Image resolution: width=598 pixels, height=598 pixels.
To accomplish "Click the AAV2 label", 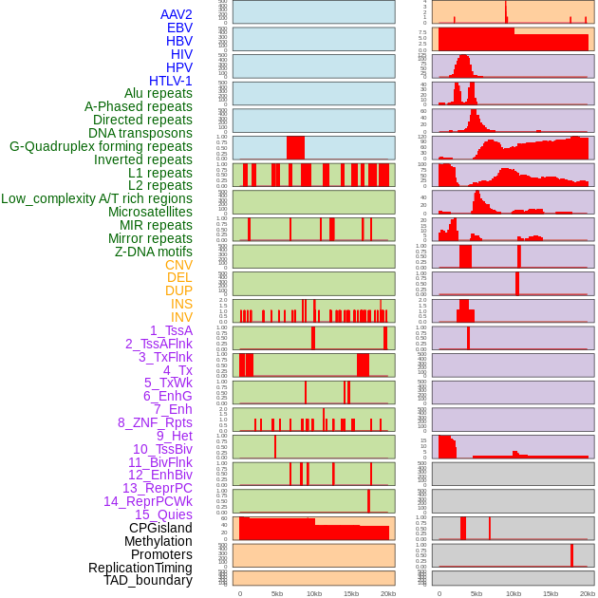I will [177, 14].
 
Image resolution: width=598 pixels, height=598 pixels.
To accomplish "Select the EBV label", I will [179, 28].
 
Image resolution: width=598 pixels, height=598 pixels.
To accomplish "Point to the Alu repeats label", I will [159, 93].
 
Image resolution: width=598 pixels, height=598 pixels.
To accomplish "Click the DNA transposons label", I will [140, 133].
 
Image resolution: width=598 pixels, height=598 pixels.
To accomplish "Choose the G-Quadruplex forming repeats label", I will [101, 146].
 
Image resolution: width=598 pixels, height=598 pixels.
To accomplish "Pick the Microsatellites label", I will [150, 212].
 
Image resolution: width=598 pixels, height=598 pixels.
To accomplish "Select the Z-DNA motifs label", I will [154, 252].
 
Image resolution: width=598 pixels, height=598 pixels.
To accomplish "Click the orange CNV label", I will [178, 265].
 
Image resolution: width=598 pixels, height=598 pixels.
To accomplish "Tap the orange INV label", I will [181, 317].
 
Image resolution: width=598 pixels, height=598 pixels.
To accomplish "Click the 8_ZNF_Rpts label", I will [155, 422].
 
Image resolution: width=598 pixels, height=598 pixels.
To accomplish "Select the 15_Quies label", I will [163, 514].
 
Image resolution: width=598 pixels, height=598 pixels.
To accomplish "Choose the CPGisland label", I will [160, 528].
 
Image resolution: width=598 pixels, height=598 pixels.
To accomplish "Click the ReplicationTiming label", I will [140, 568].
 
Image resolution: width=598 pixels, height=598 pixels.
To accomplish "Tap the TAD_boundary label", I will [148, 580].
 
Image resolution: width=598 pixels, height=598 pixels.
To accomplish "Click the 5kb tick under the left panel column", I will [277, 593].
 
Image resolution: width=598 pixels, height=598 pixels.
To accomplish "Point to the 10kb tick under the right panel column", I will [514, 593].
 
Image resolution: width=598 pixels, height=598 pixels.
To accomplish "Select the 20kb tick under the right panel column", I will [588, 593].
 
